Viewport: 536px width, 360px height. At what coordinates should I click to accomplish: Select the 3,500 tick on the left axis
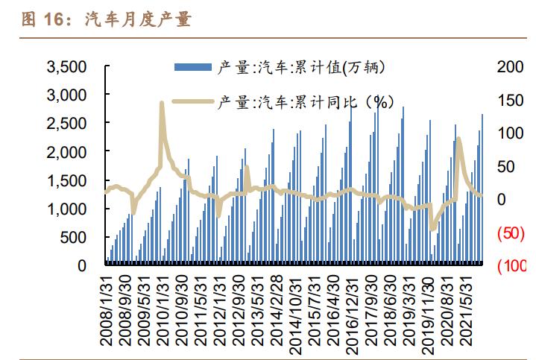point(67,67)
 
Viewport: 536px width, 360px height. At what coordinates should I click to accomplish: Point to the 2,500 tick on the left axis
point(67,124)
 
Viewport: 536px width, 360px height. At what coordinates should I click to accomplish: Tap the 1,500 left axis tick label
point(67,180)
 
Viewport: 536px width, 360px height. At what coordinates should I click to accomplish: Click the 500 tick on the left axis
point(75,237)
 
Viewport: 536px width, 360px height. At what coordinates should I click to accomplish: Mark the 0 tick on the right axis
point(502,200)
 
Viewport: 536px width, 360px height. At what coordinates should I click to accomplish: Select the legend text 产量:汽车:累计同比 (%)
point(306,103)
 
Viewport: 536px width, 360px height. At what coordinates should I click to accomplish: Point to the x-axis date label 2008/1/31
point(107,309)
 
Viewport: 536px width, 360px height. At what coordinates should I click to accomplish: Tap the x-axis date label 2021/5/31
point(469,309)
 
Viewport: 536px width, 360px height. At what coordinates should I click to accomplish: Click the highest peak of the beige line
point(162,103)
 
